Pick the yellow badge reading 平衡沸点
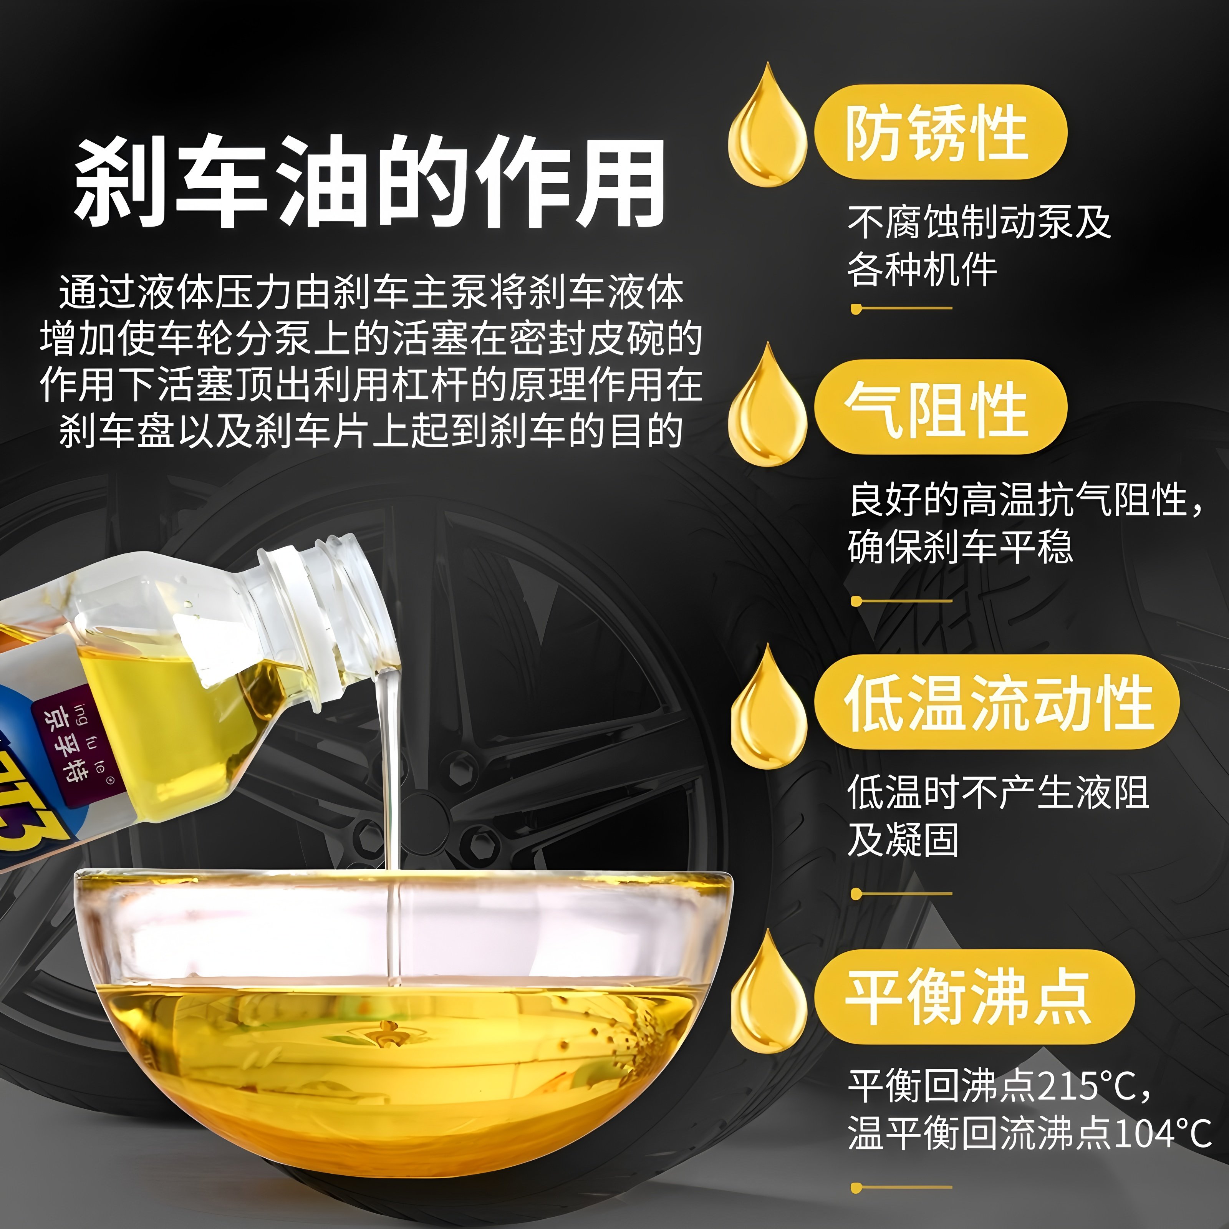point(973,996)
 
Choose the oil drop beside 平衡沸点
point(769,999)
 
